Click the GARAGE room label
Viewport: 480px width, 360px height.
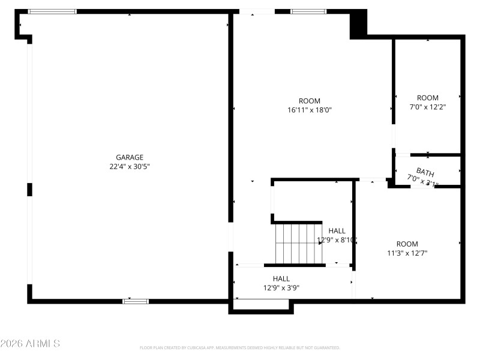(130, 157)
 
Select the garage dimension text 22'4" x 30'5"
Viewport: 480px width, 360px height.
(130, 167)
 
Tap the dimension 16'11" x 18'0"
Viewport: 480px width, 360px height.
(310, 110)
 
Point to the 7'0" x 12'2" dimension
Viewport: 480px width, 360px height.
(428, 107)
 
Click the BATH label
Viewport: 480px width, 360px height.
(425, 173)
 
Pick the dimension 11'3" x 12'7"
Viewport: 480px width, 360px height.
(407, 253)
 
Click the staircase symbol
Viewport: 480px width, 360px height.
(299, 243)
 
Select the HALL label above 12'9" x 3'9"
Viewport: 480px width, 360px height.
(281, 278)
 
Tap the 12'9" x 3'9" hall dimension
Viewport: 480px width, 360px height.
(281, 288)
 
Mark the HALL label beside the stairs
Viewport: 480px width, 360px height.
(337, 230)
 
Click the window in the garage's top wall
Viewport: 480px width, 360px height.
(53, 11)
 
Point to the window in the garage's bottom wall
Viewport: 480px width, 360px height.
(136, 301)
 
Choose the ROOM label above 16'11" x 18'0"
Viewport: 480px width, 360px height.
(310, 101)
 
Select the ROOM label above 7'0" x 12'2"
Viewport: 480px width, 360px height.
(428, 98)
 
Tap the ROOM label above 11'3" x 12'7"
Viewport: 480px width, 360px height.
(407, 244)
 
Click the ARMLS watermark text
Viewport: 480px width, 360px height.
(30, 344)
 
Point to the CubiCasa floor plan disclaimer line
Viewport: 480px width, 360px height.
(240, 347)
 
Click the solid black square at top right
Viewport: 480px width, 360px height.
(358, 25)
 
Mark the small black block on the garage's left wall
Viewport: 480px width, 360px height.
(29, 190)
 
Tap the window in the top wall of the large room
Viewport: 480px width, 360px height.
(308, 11)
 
